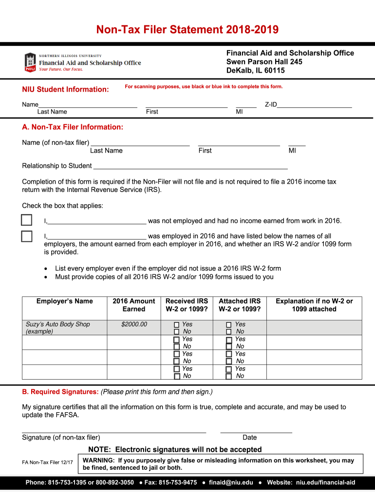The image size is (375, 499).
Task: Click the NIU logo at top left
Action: click(x=30, y=62)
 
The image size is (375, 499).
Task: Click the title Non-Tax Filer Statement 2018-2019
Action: click(x=187, y=30)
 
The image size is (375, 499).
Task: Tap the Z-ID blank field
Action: click(x=314, y=104)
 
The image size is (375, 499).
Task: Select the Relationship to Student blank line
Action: click(x=190, y=166)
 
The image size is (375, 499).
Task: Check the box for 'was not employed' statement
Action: click(x=27, y=220)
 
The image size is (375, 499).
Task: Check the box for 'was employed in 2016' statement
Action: click(x=27, y=236)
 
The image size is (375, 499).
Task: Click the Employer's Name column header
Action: click(x=64, y=301)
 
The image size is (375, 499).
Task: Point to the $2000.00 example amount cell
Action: click(x=134, y=324)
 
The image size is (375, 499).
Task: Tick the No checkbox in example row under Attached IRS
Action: click(x=229, y=332)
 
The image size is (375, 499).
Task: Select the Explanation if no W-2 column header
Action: click(x=314, y=305)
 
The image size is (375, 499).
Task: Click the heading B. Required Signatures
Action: click(x=60, y=392)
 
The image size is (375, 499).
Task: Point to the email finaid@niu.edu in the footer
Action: click(x=231, y=482)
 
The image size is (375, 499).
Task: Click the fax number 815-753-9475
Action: click(x=177, y=482)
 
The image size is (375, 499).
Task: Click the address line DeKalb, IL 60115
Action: click(x=255, y=71)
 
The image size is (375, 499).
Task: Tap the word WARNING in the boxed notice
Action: click(x=99, y=461)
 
